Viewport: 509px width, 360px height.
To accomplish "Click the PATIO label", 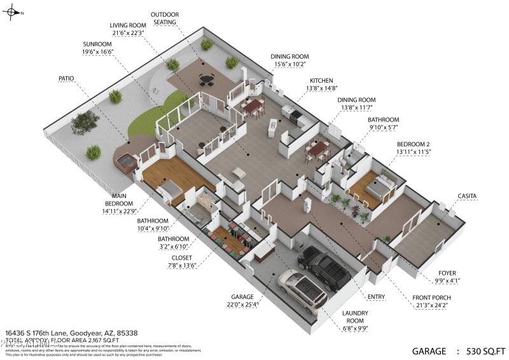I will pyautogui.click(x=66, y=78).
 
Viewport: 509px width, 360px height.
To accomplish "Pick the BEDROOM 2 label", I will pyautogui.click(x=414, y=144).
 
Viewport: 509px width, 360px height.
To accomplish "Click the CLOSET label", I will pyautogui.click(x=181, y=258).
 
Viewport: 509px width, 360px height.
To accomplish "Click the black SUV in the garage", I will pyautogui.click(x=324, y=267).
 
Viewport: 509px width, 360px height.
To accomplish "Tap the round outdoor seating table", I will pyautogui.click(x=206, y=80).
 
